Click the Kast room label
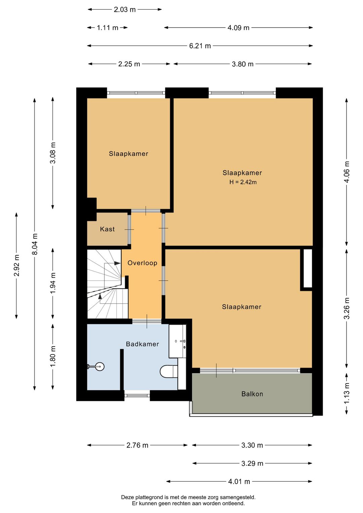pyautogui.click(x=107, y=229)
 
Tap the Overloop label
pyautogui.click(x=142, y=263)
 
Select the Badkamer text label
pyautogui.click(x=142, y=344)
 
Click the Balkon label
pyautogui.click(x=252, y=394)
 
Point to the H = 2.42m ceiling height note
pyautogui.click(x=243, y=182)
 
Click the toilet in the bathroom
pyautogui.click(x=169, y=371)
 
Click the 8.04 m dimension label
pyautogui.click(x=35, y=244)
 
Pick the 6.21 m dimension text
pyautogui.click(x=200, y=46)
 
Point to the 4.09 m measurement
pyautogui.click(x=238, y=28)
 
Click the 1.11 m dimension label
pyautogui.click(x=108, y=28)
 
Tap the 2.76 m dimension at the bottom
pyautogui.click(x=137, y=445)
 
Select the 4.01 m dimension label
pyautogui.click(x=239, y=481)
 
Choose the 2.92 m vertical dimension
pyautogui.click(x=16, y=265)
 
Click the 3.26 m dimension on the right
pyautogui.click(x=347, y=308)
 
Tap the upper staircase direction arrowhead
pyautogui.click(x=117, y=263)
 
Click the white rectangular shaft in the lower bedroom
pyautogui.click(x=308, y=268)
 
